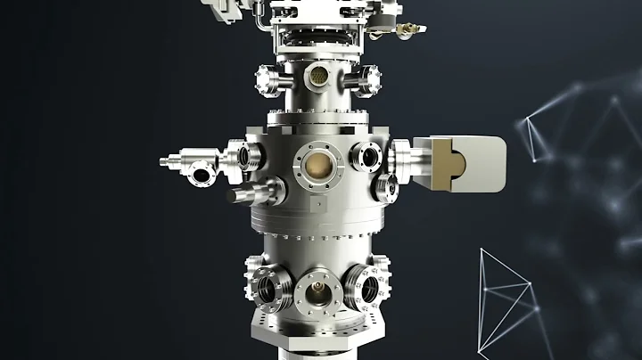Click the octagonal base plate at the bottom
point(317,343)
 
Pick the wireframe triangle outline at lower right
point(506,294)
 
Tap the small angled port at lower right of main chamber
point(386,187)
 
